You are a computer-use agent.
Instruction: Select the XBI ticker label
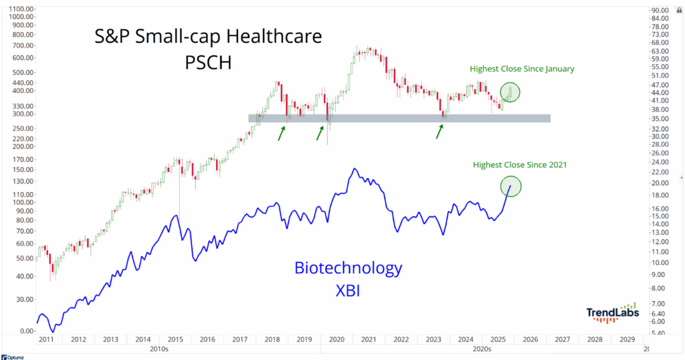[349, 291]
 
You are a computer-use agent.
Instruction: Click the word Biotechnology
[349, 268]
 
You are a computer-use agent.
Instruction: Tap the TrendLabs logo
[612, 312]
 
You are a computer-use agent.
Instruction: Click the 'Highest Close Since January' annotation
[522, 69]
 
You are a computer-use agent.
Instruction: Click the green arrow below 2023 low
[439, 130]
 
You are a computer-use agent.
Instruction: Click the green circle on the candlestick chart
[510, 92]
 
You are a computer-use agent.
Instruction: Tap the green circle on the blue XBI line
[510, 185]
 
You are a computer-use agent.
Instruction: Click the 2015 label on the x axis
[175, 341]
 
